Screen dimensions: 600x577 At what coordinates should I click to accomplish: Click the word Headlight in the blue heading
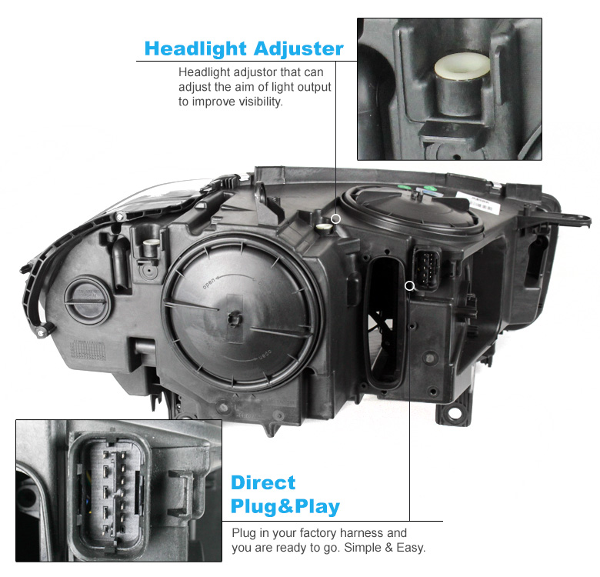tap(195, 48)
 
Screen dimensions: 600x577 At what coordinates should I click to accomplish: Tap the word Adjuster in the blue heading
tap(298, 48)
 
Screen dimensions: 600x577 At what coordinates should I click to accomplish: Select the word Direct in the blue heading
tap(263, 482)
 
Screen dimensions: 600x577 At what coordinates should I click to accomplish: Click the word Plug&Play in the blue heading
tap(285, 506)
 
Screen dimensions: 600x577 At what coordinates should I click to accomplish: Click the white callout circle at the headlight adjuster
tap(335, 218)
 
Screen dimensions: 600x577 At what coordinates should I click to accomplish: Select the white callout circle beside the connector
tap(409, 285)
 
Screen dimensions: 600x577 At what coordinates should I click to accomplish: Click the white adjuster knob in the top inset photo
tap(462, 66)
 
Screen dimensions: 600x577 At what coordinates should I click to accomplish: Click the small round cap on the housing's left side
tap(88, 301)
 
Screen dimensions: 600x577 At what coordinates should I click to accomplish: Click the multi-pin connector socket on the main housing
tap(427, 268)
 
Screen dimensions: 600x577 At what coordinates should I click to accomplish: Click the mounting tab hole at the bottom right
tap(455, 414)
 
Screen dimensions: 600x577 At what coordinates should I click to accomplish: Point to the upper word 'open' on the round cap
tap(209, 283)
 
